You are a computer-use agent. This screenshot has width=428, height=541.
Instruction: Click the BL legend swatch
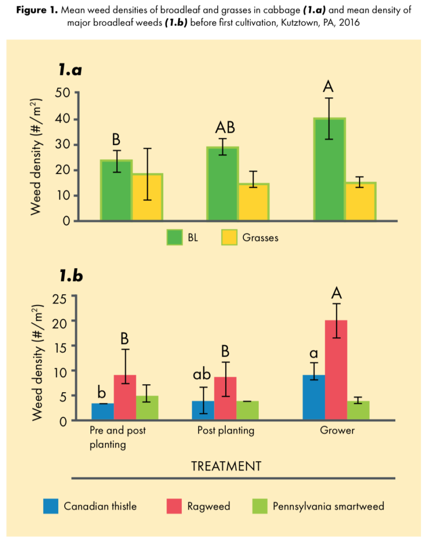point(175,238)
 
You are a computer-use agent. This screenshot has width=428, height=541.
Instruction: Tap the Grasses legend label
point(260,238)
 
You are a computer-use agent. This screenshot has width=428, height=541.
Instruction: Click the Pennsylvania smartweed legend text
point(328,506)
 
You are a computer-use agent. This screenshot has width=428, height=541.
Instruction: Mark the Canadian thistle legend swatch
point(51,506)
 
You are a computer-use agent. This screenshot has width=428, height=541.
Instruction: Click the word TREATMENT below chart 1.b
point(226,466)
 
